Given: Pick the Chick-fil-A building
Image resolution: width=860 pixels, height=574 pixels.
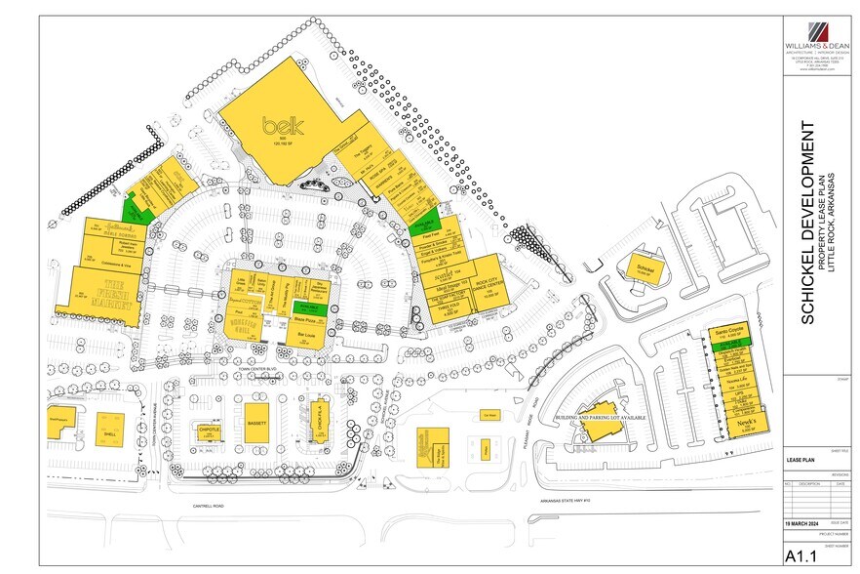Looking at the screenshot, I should pyautogui.click(x=319, y=420).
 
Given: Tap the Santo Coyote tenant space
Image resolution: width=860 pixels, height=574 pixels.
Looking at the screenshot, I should pyautogui.click(x=726, y=332).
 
